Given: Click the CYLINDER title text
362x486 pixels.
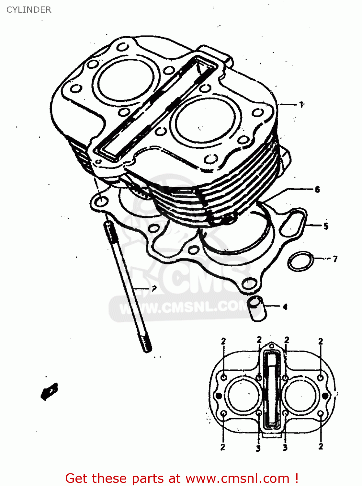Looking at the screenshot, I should point(29,10).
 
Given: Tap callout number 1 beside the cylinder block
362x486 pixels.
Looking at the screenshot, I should point(301,105).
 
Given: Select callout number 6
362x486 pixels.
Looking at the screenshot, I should point(317,189).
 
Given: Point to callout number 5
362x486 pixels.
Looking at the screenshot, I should point(325,226).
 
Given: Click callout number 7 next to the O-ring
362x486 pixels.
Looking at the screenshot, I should point(335,259).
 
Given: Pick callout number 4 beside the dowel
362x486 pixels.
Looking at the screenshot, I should point(285,307).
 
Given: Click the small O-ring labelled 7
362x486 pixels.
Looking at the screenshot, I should point(301,261).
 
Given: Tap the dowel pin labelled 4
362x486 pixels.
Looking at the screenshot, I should point(255,309).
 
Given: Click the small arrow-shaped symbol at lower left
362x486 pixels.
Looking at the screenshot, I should point(50,391).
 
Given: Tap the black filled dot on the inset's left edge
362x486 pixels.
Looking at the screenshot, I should point(219,396).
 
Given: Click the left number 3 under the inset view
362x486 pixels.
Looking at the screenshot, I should point(258,448).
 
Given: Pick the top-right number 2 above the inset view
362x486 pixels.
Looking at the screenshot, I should point(321,341).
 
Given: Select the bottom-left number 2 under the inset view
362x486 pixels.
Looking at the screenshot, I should point(223,447).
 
